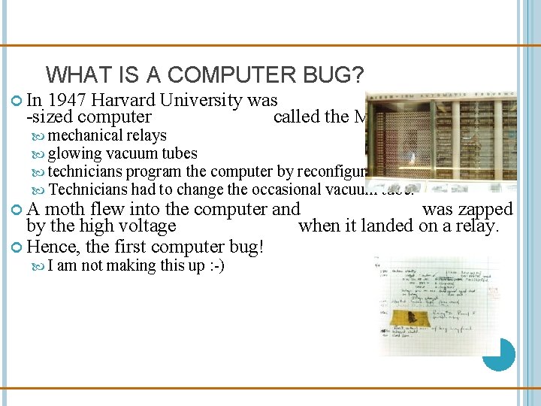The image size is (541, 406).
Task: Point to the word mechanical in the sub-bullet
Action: click(85, 135)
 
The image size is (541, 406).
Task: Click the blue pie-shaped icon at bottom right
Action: click(498, 354)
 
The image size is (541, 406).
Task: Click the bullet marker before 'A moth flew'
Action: click(19, 210)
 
